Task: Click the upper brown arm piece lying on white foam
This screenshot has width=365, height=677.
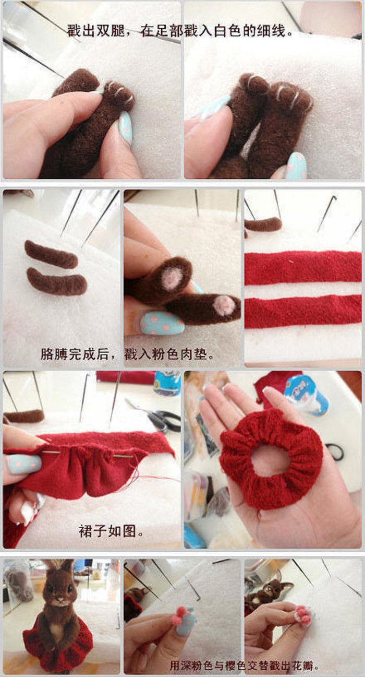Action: coord(51,254)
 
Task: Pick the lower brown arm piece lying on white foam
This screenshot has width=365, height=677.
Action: coord(57,281)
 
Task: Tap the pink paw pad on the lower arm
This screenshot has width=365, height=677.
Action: coord(225,305)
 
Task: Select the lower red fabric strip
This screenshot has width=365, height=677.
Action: coord(303,312)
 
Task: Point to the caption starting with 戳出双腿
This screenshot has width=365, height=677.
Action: coord(180,31)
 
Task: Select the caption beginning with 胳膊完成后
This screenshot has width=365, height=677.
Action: coord(127,353)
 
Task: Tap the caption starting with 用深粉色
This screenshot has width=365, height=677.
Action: coord(244,665)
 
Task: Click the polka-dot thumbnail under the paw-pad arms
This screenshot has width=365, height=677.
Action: coord(162,323)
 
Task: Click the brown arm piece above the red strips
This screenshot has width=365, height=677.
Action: coord(263,224)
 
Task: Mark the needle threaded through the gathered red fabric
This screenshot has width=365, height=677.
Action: coord(88,454)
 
